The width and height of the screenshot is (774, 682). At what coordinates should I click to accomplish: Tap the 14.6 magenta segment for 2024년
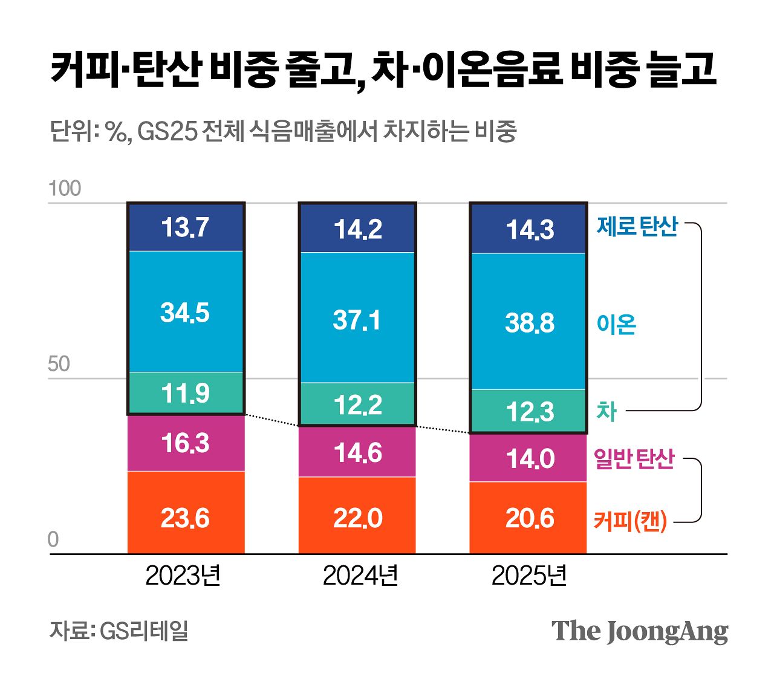(x=357, y=452)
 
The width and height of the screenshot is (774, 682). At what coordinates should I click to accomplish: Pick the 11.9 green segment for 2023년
(x=186, y=393)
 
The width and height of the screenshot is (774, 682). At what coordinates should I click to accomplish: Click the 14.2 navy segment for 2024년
(x=357, y=229)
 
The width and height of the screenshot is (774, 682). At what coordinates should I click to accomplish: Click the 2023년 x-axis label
(x=183, y=575)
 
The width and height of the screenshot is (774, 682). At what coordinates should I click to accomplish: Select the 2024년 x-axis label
(x=360, y=575)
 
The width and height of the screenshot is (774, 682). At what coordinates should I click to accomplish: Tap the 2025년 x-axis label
(x=529, y=575)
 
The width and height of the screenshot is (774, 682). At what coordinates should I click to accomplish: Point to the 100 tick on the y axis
(x=64, y=189)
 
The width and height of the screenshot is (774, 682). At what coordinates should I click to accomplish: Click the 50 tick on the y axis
(x=59, y=364)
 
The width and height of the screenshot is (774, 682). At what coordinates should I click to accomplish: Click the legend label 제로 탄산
(x=637, y=226)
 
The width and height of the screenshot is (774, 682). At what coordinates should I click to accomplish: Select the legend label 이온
(x=616, y=325)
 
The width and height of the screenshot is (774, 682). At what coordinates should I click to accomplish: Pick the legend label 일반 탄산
(x=634, y=459)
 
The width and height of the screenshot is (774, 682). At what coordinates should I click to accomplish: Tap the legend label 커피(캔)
(x=630, y=521)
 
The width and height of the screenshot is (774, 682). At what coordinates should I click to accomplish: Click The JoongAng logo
(x=639, y=631)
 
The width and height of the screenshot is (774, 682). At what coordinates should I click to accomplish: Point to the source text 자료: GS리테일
(x=119, y=631)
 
